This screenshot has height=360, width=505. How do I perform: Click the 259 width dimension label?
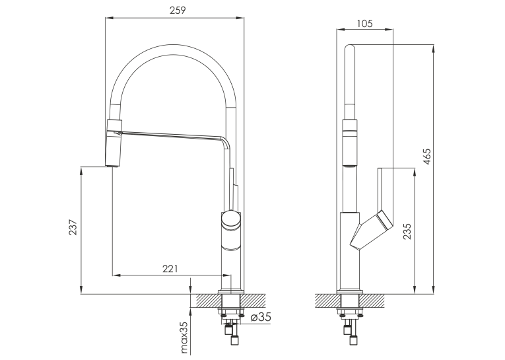[x=178, y=11]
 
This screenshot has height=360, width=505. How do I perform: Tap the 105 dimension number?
[x=364, y=24]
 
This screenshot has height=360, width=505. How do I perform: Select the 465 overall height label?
[x=426, y=157]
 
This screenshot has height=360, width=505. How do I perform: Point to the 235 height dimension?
[x=407, y=231]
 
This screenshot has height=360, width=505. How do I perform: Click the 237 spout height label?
[x=73, y=227]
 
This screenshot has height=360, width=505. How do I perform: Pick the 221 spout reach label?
[x=170, y=268]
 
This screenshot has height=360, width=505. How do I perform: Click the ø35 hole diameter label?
[x=261, y=317]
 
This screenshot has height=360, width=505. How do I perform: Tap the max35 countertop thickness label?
[x=184, y=338]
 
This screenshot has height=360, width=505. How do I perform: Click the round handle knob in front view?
[x=230, y=219]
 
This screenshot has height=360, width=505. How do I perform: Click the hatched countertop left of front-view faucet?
[x=206, y=301]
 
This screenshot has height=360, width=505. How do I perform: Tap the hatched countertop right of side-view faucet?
[x=372, y=301]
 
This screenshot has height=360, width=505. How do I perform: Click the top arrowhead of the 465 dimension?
[x=434, y=50]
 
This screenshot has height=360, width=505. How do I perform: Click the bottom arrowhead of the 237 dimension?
[x=81, y=290]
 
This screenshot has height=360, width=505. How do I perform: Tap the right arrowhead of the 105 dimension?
[x=389, y=30]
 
